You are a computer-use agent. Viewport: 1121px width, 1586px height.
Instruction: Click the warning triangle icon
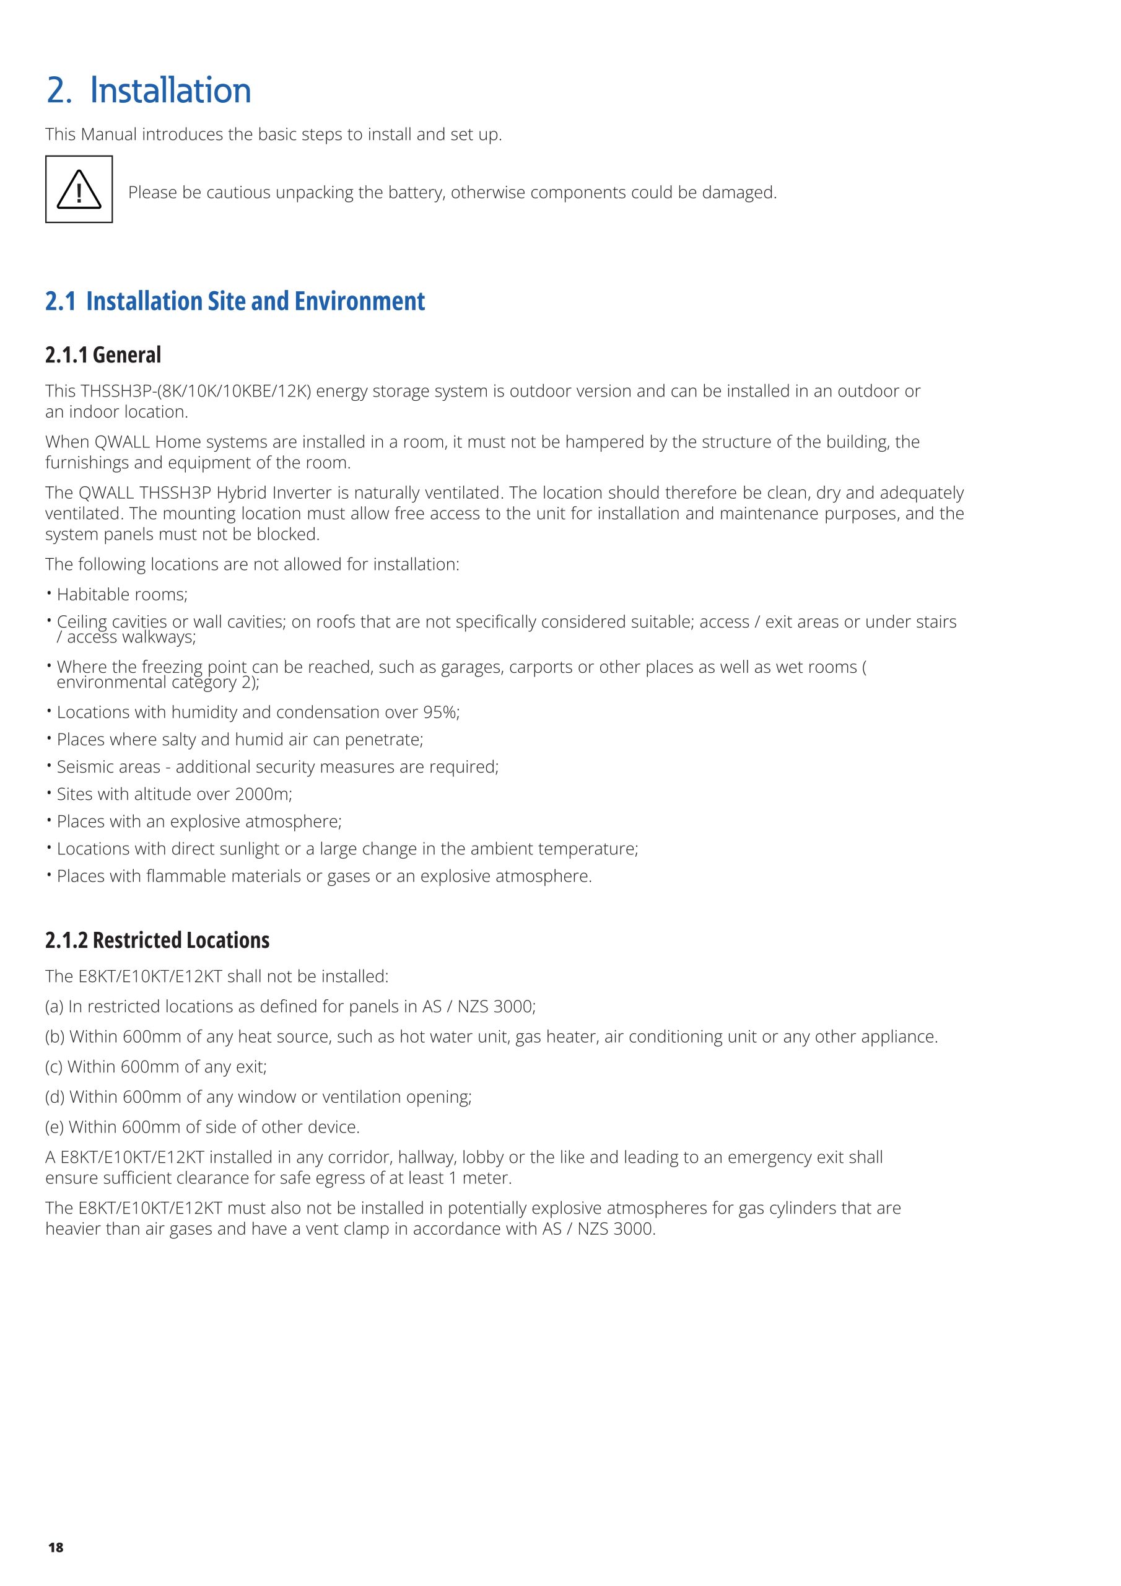pyautogui.click(x=79, y=190)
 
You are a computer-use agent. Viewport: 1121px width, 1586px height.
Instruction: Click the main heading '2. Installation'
pyautogui.click(x=149, y=90)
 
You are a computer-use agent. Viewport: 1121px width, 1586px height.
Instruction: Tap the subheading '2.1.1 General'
pyautogui.click(x=103, y=355)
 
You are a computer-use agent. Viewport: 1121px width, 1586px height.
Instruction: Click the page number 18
pyautogui.click(x=56, y=1548)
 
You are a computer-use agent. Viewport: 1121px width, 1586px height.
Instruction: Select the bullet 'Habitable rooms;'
pyautogui.click(x=121, y=594)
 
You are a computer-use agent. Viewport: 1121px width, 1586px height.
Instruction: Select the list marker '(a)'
pyautogui.click(x=55, y=1007)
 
